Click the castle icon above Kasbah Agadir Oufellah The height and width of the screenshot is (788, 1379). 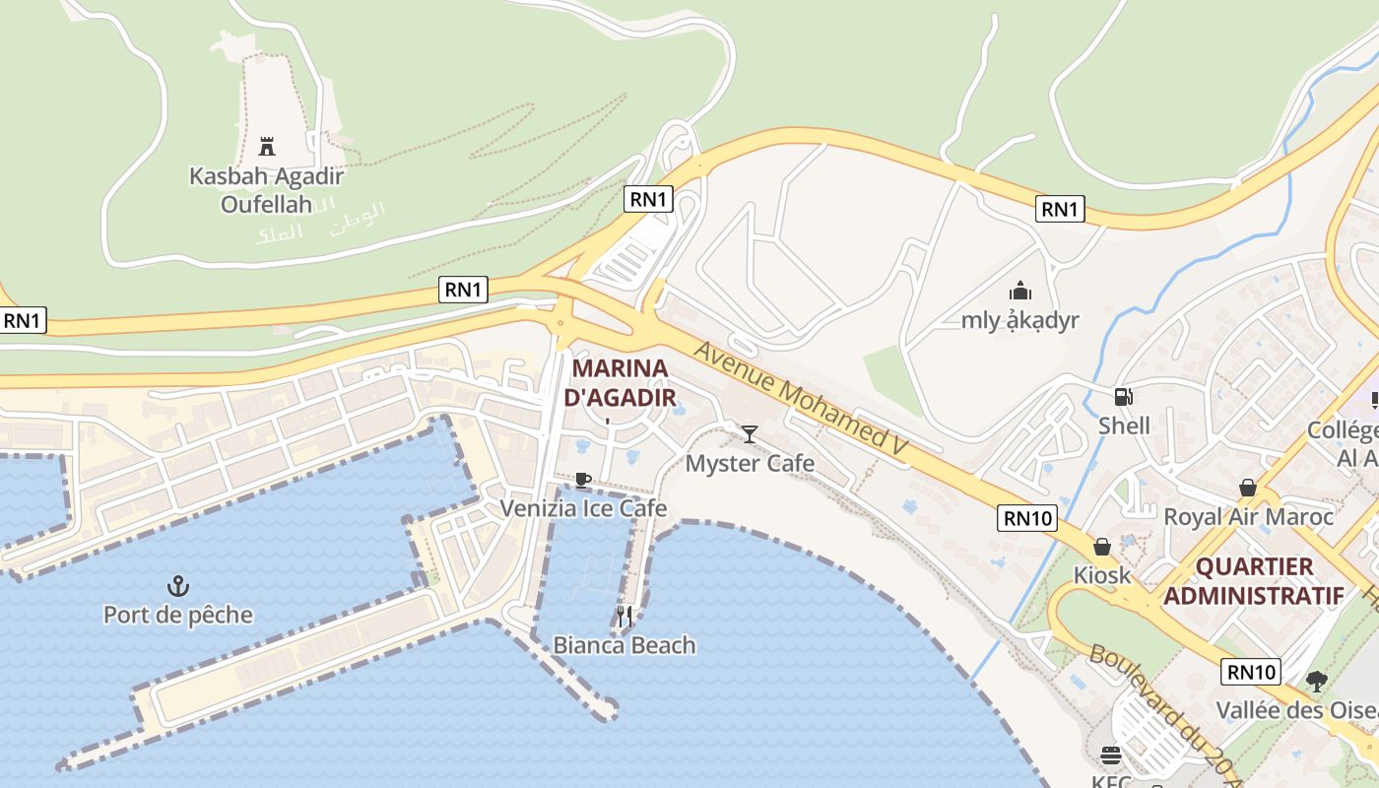266,147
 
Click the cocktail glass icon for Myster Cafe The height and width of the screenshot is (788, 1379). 750,433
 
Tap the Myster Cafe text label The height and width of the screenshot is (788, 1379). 750,463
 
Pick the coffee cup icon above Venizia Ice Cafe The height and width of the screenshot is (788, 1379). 583,480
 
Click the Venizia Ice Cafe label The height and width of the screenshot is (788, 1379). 583,508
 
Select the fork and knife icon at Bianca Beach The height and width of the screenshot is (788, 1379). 624,617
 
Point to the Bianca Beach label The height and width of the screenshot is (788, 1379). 624,645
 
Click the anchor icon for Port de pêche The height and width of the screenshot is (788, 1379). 178,586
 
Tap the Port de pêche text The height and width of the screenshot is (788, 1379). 178,615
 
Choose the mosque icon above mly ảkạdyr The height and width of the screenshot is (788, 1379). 1019,291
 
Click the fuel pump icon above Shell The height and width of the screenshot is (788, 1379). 1123,397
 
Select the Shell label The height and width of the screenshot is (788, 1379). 1124,426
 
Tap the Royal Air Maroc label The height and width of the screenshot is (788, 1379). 1248,516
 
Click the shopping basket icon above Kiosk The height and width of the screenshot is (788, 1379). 1102,546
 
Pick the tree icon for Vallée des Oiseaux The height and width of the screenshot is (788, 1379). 1316,681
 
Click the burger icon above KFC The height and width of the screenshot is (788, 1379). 1111,755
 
